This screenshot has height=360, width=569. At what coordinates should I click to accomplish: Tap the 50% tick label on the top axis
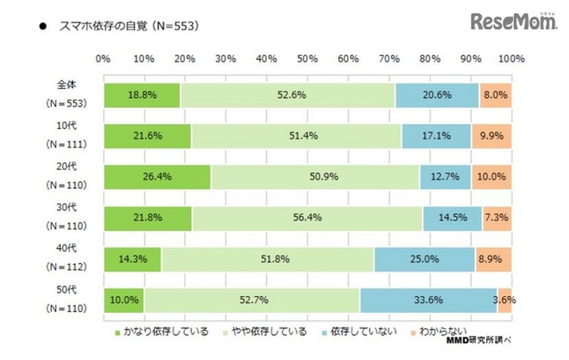(307, 58)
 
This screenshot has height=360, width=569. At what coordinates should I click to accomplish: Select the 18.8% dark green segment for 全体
(142, 95)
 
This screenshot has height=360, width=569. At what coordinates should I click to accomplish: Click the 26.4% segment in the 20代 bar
(156, 177)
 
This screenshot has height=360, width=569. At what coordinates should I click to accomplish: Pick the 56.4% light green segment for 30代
(307, 218)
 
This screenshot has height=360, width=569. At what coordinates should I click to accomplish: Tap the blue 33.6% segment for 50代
(427, 300)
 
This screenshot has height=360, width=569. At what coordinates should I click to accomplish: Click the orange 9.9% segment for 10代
(491, 136)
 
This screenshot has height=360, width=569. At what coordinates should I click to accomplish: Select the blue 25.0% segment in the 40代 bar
(424, 260)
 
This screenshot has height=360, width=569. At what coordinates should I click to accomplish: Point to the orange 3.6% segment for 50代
(504, 300)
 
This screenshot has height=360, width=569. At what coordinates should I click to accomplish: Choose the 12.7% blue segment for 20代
(445, 177)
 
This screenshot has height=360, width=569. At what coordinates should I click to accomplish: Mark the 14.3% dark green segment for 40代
(132, 260)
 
